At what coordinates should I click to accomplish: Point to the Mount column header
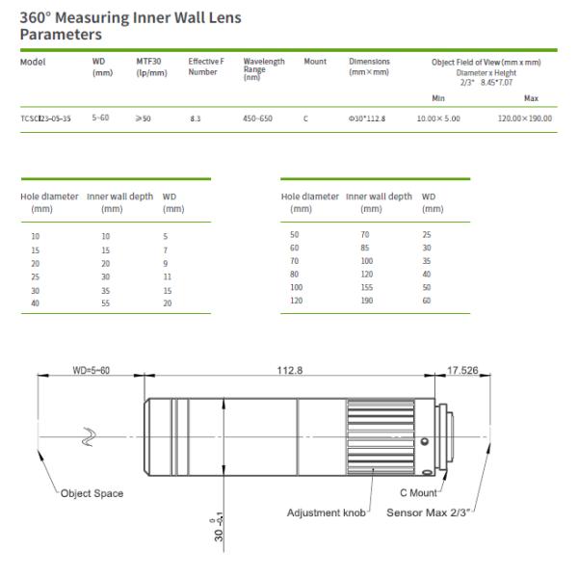pyautogui.click(x=315, y=62)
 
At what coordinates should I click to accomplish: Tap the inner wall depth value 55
pyautogui.click(x=107, y=302)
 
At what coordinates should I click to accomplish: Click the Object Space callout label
pyautogui.click(x=92, y=493)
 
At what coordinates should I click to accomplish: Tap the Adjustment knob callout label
pyautogui.click(x=328, y=512)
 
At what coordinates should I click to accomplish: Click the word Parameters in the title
pyautogui.click(x=61, y=35)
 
